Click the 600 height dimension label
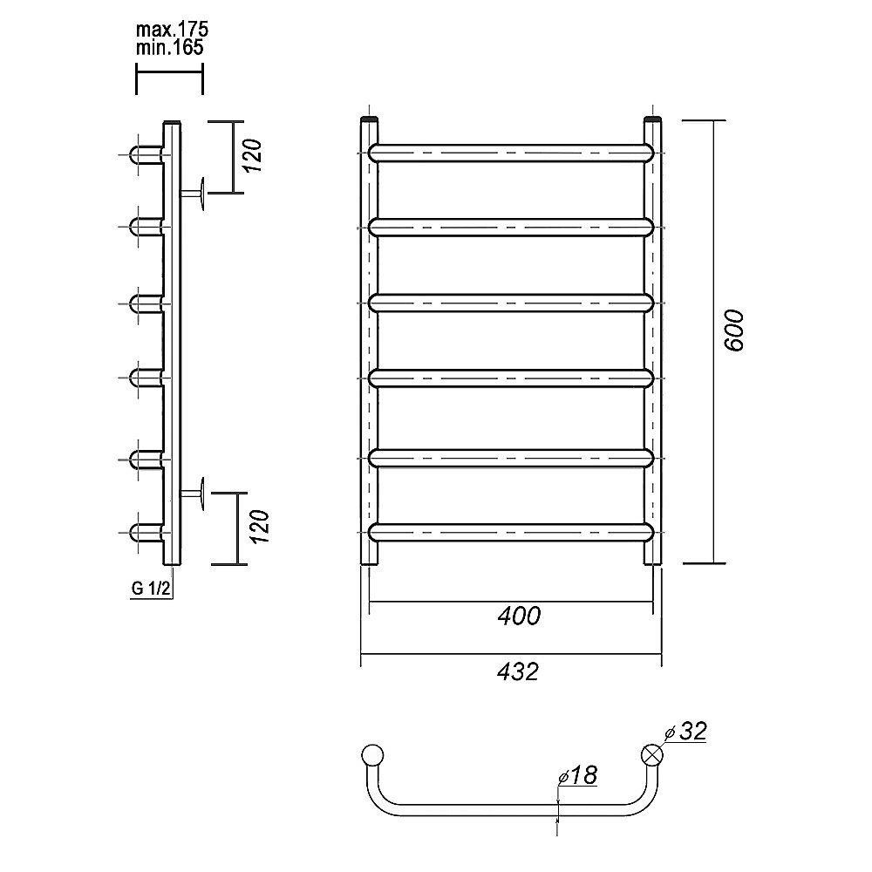tap(734, 330)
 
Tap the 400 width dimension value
tap(519, 616)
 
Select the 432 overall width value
tap(518, 671)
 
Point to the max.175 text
tap(172, 29)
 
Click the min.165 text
tap(170, 47)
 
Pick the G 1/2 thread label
tap(151, 589)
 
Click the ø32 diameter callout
tap(685, 732)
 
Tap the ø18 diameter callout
tap(577, 775)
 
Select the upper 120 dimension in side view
tap(253, 156)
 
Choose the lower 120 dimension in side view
tap(260, 527)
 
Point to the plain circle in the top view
tap(372, 755)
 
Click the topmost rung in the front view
tap(511, 153)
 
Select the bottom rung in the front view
tap(511, 532)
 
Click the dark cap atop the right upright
tap(653, 119)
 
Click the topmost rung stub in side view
tap(146, 154)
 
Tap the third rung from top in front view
tap(511, 303)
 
